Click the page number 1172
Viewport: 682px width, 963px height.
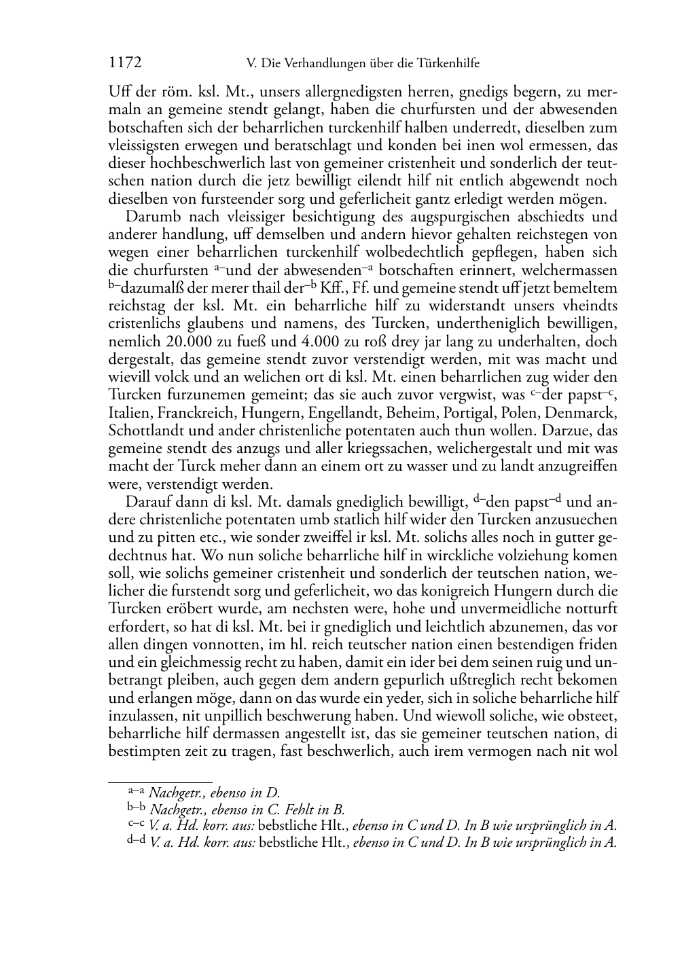(125, 63)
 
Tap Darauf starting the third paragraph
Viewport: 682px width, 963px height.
(146, 502)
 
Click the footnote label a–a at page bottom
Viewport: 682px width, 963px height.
(136, 791)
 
